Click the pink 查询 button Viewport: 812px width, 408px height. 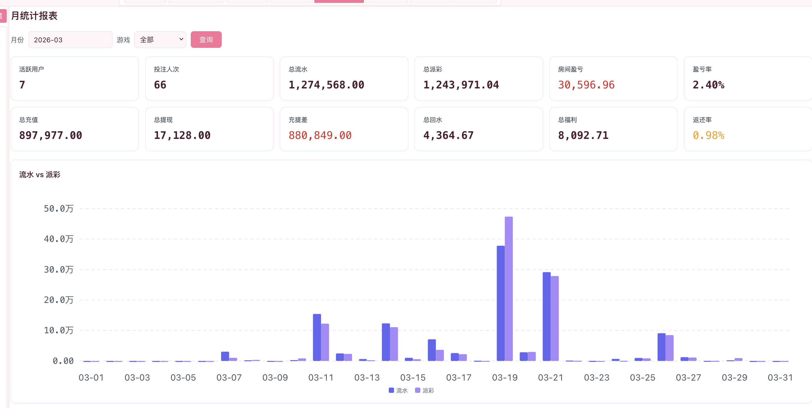(x=206, y=40)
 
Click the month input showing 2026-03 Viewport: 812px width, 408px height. (x=70, y=40)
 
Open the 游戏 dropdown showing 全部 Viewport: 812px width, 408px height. (x=160, y=40)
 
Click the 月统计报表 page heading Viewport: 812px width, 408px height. (x=34, y=16)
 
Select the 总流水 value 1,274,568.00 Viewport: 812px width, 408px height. (x=326, y=85)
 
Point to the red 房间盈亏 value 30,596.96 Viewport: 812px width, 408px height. (x=586, y=85)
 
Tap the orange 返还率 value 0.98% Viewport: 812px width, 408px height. (x=708, y=135)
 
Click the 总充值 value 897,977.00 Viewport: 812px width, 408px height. (x=51, y=135)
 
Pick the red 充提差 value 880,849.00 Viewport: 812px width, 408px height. (x=320, y=135)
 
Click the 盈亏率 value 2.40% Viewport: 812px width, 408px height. (x=708, y=85)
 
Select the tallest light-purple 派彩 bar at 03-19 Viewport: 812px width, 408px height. (x=509, y=289)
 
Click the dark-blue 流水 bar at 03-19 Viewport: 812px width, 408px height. (x=501, y=303)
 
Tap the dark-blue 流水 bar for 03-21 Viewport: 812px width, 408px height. (x=546, y=316)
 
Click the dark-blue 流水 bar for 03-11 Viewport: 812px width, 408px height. (x=317, y=337)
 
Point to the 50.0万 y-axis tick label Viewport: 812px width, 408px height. (x=59, y=209)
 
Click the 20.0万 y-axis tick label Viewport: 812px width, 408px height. (x=59, y=300)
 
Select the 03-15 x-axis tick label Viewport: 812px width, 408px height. (x=413, y=377)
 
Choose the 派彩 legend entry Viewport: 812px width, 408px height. (x=425, y=390)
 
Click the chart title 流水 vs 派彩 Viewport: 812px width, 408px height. (x=40, y=175)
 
